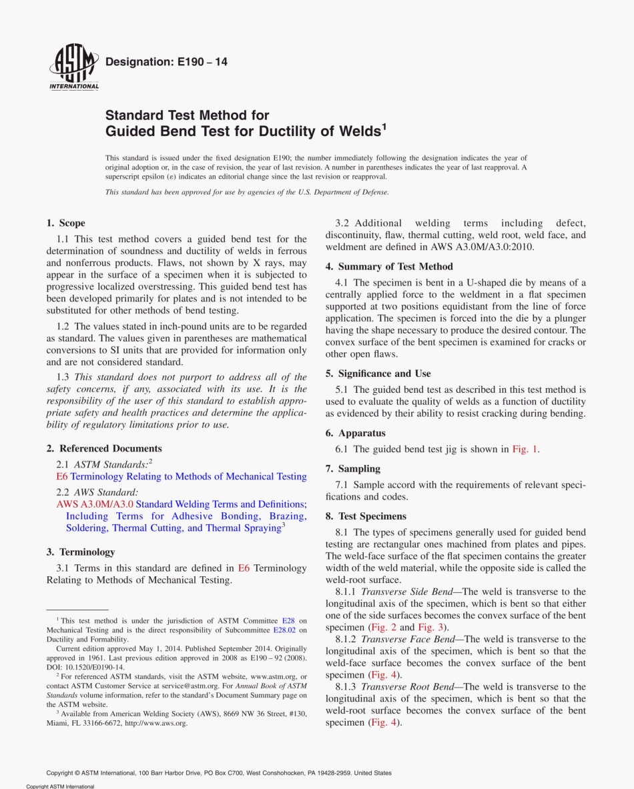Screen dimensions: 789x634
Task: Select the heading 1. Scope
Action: point(65,223)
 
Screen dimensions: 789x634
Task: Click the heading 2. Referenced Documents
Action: point(104,448)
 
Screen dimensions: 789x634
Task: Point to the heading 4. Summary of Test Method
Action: point(389,266)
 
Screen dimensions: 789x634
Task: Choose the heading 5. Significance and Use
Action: point(378,373)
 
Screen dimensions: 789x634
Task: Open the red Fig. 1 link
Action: point(525,449)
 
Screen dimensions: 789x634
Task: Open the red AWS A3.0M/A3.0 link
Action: point(95,504)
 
